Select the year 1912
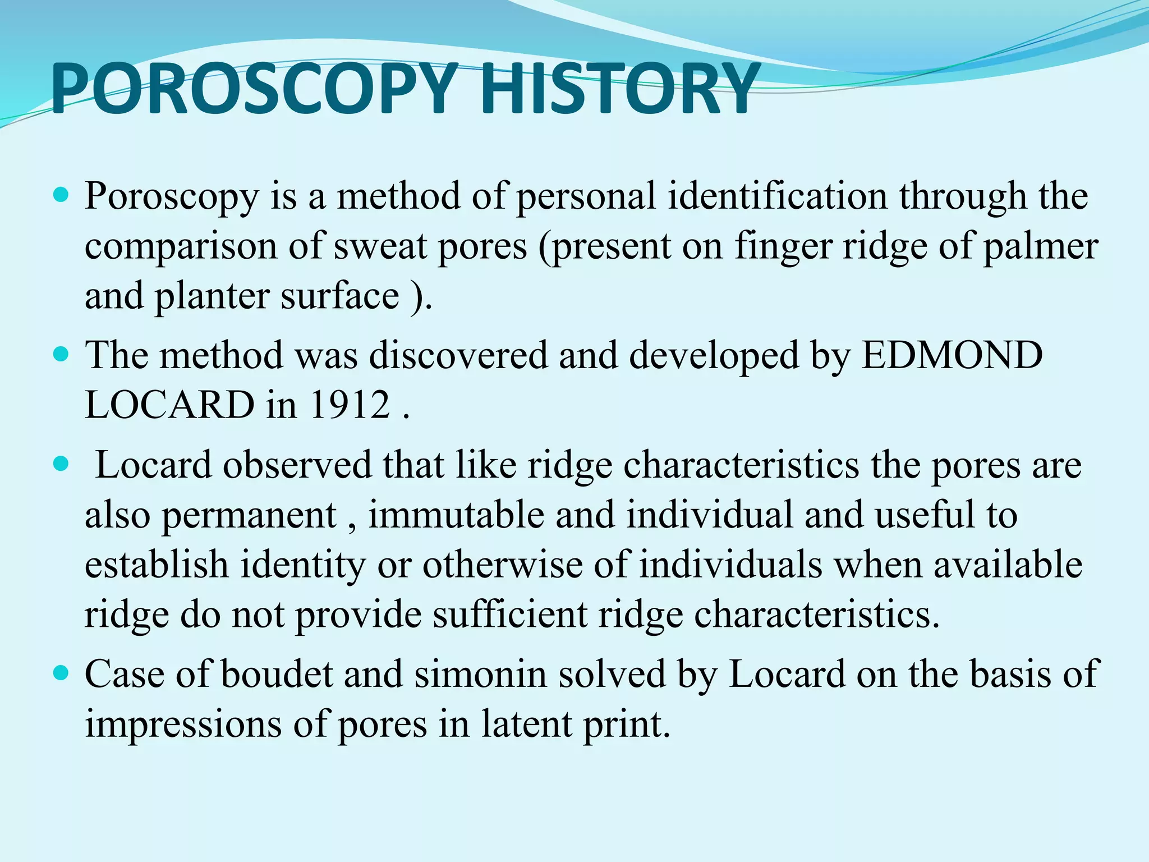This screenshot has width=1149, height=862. [349, 405]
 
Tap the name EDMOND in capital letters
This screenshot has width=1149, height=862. [952, 355]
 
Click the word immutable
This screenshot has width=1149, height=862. [456, 515]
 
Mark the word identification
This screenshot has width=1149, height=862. [778, 196]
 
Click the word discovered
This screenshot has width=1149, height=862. [458, 355]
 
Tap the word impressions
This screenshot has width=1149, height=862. [183, 724]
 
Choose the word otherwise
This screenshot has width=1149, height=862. [502, 565]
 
